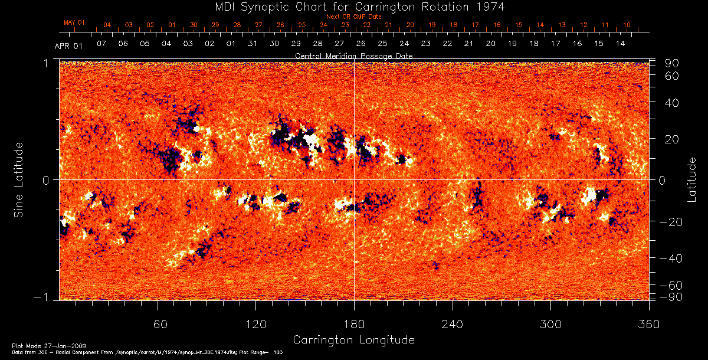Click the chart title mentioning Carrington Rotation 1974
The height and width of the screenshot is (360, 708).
(x=353, y=6)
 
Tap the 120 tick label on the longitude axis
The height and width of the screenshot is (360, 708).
(x=255, y=325)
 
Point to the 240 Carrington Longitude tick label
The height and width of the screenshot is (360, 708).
(x=453, y=325)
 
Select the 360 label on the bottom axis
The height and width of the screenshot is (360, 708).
(x=649, y=325)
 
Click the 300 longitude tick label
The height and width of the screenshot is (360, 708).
(x=550, y=325)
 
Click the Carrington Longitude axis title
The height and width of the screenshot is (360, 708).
(x=353, y=340)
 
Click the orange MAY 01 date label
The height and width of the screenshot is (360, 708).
(x=74, y=22)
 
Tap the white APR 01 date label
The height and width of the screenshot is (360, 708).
(x=68, y=45)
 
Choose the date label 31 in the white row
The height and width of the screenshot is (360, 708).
(x=253, y=44)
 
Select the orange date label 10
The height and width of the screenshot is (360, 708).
(x=627, y=25)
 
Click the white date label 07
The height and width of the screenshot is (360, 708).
(x=101, y=44)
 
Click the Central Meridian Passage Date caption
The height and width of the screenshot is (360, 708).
(x=353, y=55)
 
